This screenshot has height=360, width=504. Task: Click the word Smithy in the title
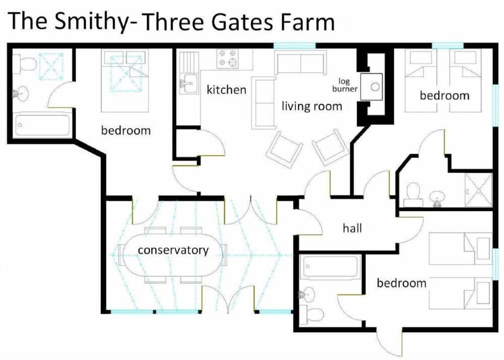[x=93, y=22]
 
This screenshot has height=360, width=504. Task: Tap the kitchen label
[x=226, y=90]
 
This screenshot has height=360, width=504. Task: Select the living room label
[x=312, y=107]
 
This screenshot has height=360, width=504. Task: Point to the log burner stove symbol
[x=375, y=87]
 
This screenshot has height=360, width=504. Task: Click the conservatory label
[x=173, y=250]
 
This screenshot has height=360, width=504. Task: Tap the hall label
[x=352, y=228]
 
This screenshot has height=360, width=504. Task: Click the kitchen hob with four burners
[x=228, y=58]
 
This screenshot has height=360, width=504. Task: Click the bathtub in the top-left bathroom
[x=43, y=125]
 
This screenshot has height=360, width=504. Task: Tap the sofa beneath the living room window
[x=300, y=63]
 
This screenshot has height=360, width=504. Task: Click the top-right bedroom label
[x=444, y=96]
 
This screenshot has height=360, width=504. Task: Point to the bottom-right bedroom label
[x=402, y=283]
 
